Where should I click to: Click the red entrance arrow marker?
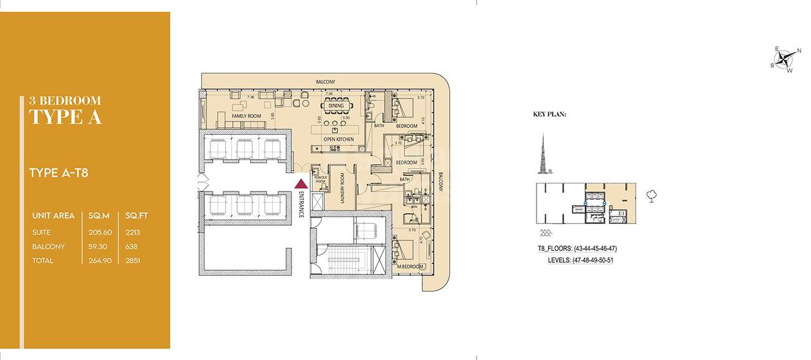[x=301, y=183]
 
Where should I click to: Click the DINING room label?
[x=336, y=106]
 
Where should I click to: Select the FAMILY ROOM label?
[x=246, y=116]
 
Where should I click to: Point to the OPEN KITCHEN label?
[x=338, y=139]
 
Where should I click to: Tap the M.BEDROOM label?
[x=411, y=266]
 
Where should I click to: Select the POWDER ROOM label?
[x=321, y=179]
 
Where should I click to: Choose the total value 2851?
[x=132, y=261]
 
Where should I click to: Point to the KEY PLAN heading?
[x=549, y=115]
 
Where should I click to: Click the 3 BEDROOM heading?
[x=65, y=100]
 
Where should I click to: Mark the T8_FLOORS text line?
[x=577, y=248]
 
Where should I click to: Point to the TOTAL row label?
[x=43, y=261]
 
